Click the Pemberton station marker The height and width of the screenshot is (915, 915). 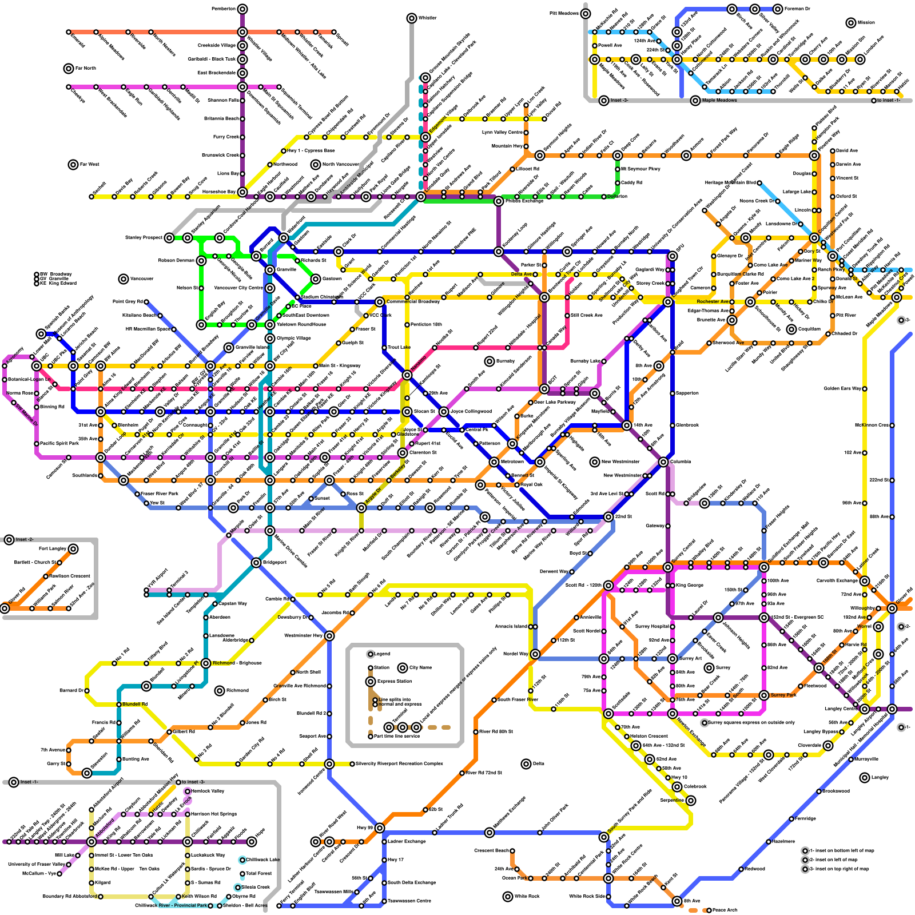[242, 9]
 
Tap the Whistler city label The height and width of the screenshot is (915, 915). [427, 18]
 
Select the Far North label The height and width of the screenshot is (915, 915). [86, 69]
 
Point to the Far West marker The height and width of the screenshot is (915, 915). [73, 165]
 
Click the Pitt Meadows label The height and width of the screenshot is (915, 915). [564, 14]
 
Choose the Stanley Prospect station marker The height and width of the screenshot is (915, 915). [169, 238]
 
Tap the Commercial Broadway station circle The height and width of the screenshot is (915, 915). [380, 302]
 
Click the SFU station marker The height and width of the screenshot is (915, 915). [673, 247]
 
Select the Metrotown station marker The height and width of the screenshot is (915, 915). [494, 462]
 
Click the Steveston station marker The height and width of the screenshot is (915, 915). [87, 773]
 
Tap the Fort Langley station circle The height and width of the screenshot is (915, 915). [73, 549]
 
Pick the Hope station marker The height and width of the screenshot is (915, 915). [252, 842]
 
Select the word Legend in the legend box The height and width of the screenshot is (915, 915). [382, 654]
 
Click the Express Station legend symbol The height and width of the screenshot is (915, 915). [371, 682]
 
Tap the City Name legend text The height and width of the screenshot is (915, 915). [421, 667]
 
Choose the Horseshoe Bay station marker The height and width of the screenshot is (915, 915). [242, 192]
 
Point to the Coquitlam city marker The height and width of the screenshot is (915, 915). [791, 329]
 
